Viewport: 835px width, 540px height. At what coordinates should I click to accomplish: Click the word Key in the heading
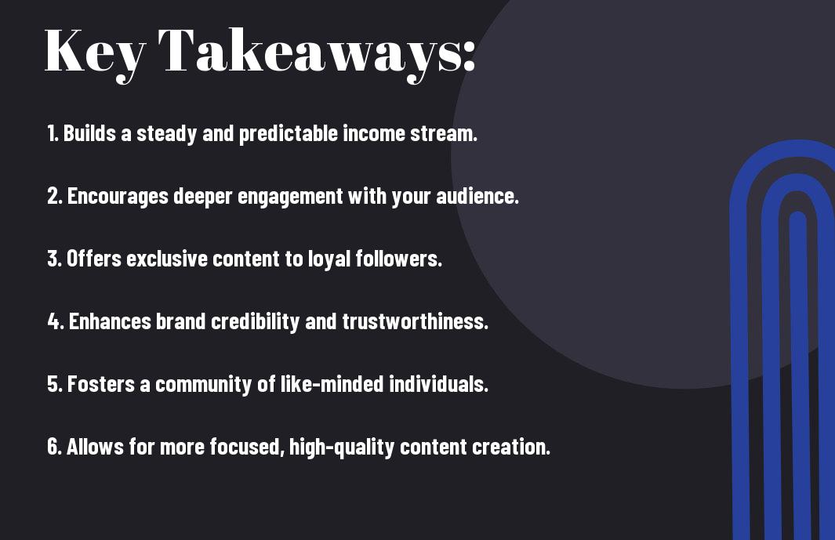[95, 54]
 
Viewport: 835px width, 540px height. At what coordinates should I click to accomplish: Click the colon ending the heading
[469, 56]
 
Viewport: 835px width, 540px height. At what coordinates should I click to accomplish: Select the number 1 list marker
[53, 133]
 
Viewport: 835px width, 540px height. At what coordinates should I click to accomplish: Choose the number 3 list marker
[54, 259]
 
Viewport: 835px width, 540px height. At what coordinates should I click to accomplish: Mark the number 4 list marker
[56, 321]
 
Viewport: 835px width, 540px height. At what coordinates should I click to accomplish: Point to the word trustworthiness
[415, 321]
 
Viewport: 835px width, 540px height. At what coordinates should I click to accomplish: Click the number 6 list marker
[55, 447]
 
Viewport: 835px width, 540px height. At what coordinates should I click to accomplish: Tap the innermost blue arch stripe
[798, 373]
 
